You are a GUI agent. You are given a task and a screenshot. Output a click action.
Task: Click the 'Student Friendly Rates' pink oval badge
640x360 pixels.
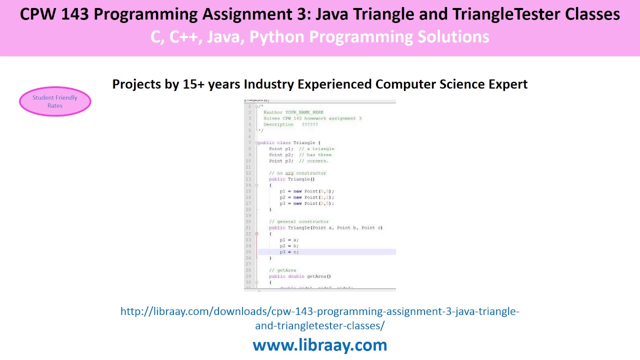pyautogui.click(x=55, y=101)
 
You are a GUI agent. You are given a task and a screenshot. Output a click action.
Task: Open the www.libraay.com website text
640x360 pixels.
pyautogui.click(x=320, y=345)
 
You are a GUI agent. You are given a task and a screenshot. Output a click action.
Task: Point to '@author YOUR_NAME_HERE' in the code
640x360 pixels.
pyautogui.click(x=293, y=112)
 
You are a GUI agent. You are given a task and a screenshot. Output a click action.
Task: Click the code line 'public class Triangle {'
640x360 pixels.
pyautogui.click(x=289, y=142)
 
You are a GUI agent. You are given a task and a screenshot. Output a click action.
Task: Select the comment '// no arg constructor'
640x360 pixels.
pyautogui.click(x=297, y=173)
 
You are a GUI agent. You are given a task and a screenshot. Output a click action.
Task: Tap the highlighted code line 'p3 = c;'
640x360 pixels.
pyautogui.click(x=289, y=252)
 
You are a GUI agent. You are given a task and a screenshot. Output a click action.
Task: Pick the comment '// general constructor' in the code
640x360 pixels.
pyautogui.click(x=299, y=221)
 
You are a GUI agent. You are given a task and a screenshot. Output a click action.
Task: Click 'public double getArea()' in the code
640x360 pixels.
pyautogui.click(x=300, y=276)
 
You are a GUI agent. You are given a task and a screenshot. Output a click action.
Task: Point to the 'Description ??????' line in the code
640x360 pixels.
pyautogui.click(x=290, y=124)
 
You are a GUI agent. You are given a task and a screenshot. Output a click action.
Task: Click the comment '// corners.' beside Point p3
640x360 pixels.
pyautogui.click(x=313, y=161)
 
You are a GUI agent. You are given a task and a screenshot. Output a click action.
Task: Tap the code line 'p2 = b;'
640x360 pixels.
pyautogui.click(x=289, y=246)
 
